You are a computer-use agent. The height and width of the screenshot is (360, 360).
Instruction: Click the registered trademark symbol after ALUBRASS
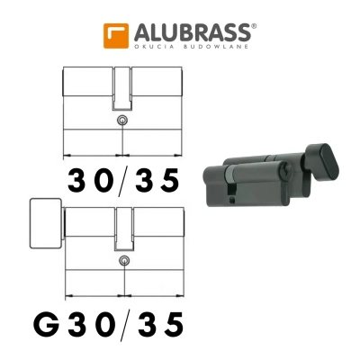pyautogui.click(x=255, y=26)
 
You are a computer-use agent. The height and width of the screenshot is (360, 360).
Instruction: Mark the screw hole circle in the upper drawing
pyautogui.click(x=122, y=121)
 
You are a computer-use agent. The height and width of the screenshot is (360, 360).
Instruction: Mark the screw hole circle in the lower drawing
pyautogui.click(x=122, y=261)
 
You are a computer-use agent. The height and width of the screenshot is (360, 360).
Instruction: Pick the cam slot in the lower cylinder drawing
pyautogui.click(x=122, y=227)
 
